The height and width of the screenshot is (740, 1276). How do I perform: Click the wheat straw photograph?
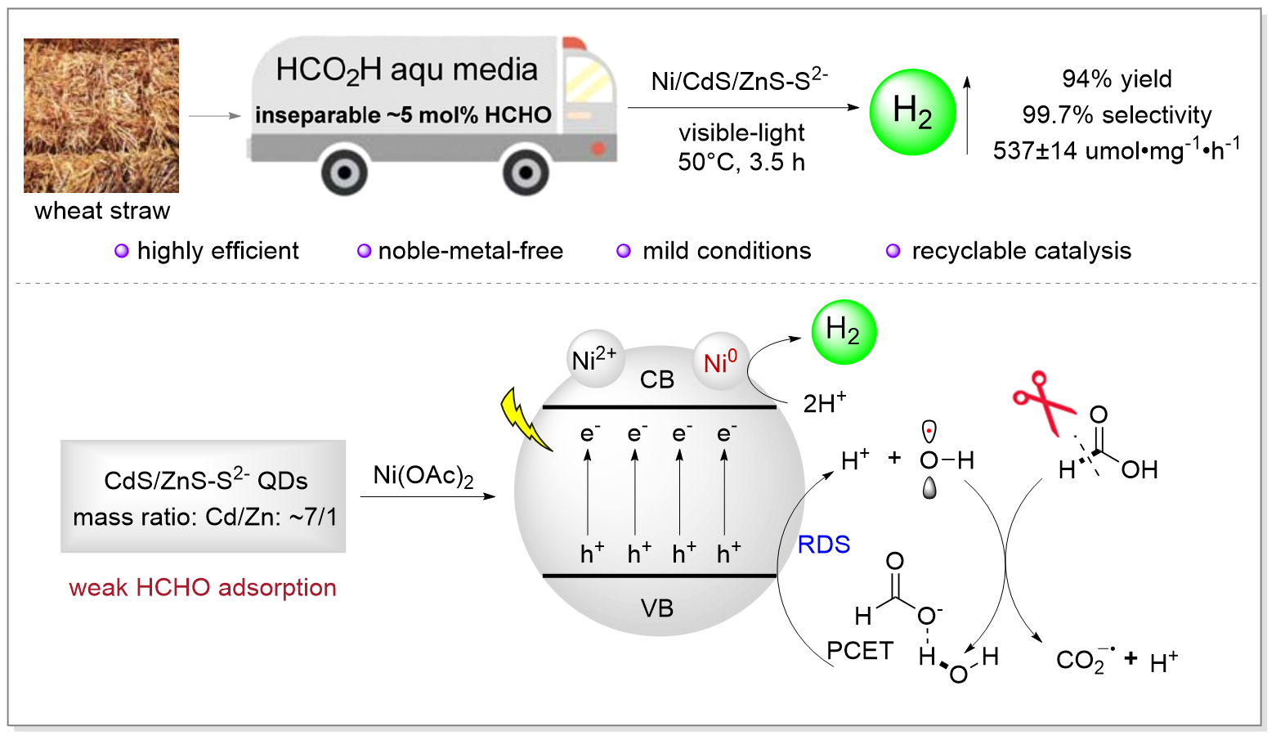pos(101,115)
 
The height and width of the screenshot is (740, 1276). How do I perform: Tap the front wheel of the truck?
pos(525,173)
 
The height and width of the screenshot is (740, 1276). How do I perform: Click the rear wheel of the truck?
pos(344,173)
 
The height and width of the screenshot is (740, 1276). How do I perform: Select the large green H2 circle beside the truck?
pos(912,112)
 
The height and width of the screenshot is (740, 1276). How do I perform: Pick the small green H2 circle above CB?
pos(843,331)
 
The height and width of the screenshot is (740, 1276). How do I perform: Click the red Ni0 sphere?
pos(720,361)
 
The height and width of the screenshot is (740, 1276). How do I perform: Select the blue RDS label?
pos(823,545)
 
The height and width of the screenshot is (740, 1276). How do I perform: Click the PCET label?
pos(860,651)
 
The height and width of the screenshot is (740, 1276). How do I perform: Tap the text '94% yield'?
pos(1117,79)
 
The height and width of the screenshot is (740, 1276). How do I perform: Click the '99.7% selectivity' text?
pos(1117,115)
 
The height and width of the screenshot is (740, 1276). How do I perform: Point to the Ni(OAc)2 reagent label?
pos(423,476)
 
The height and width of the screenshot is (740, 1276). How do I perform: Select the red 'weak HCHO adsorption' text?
pos(203,587)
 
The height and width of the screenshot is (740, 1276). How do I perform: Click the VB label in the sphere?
pos(657,608)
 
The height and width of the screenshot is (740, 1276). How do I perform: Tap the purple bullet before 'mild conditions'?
pos(624,251)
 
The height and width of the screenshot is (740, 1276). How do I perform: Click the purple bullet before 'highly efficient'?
pos(121,251)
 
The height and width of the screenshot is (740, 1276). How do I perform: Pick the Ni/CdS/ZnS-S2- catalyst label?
pos(739,80)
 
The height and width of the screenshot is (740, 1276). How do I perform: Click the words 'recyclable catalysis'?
pos(1021,251)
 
